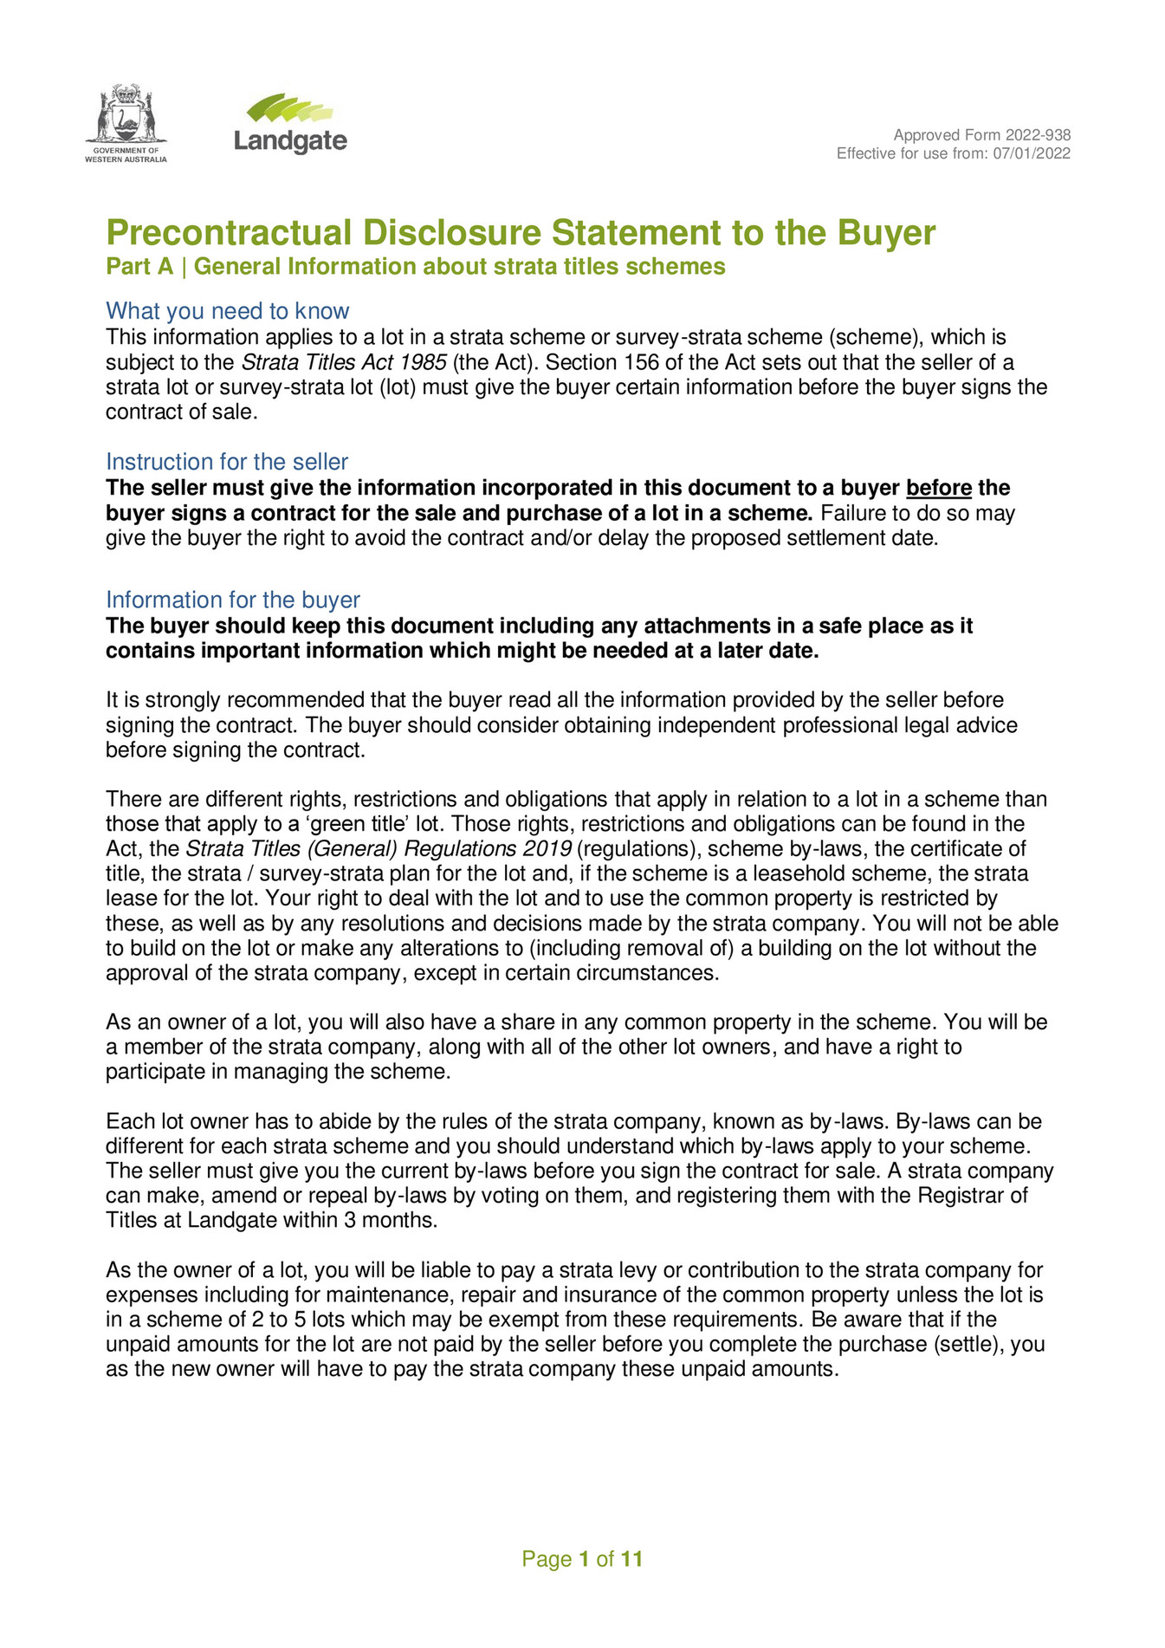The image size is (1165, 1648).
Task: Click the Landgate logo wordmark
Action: [290, 140]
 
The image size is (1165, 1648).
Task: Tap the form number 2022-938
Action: [1038, 135]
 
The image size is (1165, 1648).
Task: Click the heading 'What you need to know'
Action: [227, 311]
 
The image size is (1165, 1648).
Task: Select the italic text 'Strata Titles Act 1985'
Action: [343, 362]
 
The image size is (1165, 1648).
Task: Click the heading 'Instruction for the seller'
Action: [227, 462]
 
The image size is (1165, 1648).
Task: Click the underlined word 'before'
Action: [938, 489]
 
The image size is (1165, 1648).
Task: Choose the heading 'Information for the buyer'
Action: [232, 600]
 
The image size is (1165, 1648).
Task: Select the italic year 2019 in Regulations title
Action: [547, 849]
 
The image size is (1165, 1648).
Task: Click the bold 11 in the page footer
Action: [631, 1560]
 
